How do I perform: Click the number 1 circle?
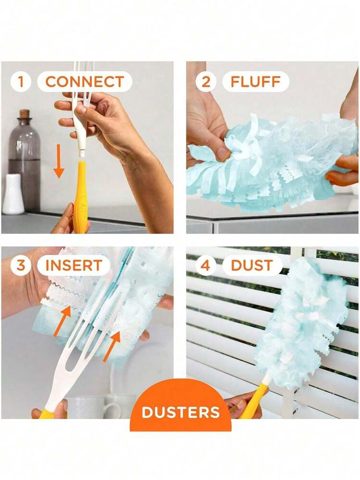(x=21, y=82)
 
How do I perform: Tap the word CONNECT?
(x=85, y=82)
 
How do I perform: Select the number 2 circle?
(x=206, y=82)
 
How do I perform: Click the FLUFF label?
(x=255, y=82)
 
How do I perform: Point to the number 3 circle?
(x=21, y=265)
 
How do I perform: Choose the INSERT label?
(x=74, y=265)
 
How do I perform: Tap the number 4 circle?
(x=206, y=265)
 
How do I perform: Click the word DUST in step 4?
(x=252, y=265)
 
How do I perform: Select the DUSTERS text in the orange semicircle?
(x=181, y=412)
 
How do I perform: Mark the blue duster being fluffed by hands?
(x=269, y=159)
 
